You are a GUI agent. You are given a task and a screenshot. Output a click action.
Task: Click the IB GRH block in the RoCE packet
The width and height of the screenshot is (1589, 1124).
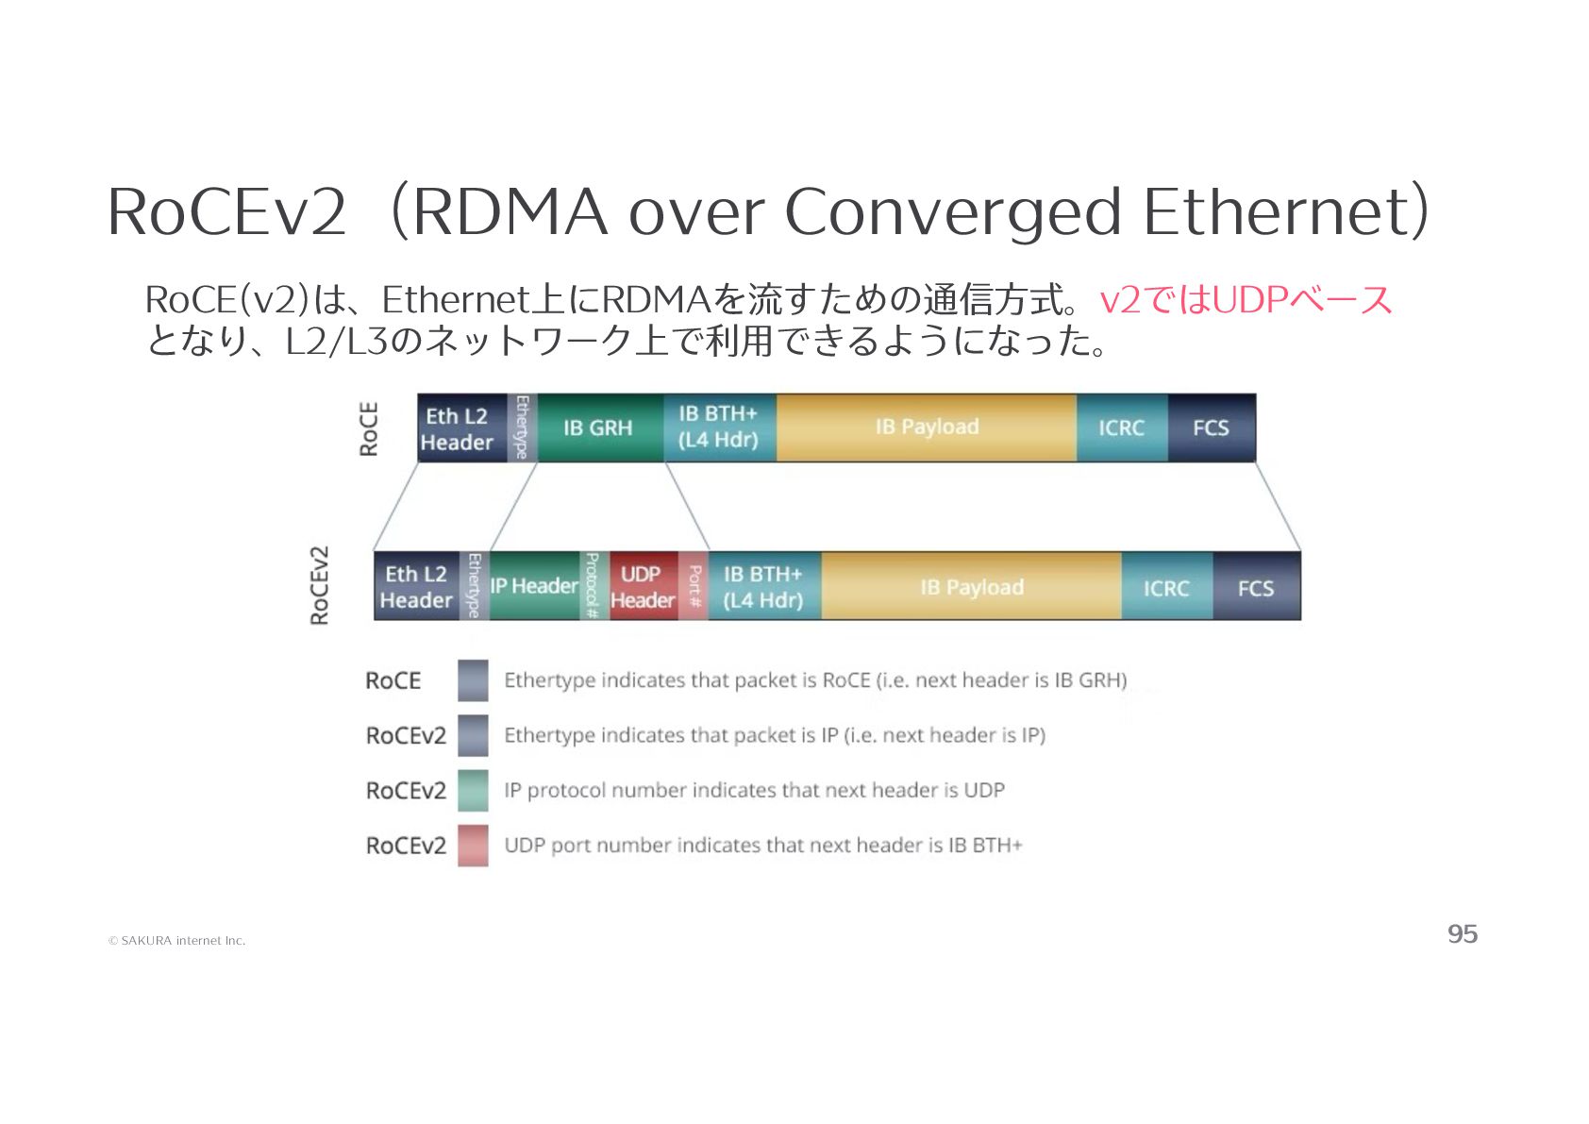click(599, 428)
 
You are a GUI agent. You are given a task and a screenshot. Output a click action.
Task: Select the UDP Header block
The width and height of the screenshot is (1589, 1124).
click(643, 586)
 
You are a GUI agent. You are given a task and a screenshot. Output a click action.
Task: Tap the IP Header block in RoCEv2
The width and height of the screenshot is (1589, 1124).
click(533, 586)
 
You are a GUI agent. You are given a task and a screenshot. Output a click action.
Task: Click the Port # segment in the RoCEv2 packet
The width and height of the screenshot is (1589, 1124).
click(694, 586)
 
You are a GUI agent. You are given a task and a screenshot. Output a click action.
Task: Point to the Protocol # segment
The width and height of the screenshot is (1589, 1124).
click(594, 586)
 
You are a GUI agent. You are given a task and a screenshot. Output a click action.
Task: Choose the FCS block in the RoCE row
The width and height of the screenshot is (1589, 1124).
click(1211, 428)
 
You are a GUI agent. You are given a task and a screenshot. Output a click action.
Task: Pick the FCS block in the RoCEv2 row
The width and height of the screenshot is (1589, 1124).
click(1256, 587)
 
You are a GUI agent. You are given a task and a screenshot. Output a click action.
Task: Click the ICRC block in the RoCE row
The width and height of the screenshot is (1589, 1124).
click(1121, 428)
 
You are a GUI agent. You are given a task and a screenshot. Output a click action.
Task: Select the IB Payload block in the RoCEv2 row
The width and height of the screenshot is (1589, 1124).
click(971, 587)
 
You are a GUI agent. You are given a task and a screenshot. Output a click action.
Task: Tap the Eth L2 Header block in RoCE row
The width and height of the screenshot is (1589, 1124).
click(459, 428)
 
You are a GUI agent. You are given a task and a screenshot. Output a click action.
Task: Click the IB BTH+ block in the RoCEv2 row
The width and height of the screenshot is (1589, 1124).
click(763, 586)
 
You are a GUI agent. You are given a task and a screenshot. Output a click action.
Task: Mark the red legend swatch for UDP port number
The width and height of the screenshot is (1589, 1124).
click(473, 846)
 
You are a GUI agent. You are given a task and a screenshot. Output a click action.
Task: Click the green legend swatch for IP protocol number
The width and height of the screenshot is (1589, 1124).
click(473, 790)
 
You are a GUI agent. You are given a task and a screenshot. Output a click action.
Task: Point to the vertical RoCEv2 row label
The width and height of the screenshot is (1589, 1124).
click(320, 585)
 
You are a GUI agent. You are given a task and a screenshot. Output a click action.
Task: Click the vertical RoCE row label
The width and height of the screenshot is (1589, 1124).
click(369, 429)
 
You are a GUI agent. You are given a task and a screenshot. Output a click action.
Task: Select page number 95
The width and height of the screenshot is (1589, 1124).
click(1462, 933)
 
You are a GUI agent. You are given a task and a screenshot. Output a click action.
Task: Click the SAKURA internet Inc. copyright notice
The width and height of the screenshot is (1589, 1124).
click(177, 940)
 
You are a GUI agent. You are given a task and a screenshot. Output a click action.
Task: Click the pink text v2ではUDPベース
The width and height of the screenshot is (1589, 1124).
click(1246, 299)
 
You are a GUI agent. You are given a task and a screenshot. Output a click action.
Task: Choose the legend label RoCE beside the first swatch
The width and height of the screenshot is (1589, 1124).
click(393, 680)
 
